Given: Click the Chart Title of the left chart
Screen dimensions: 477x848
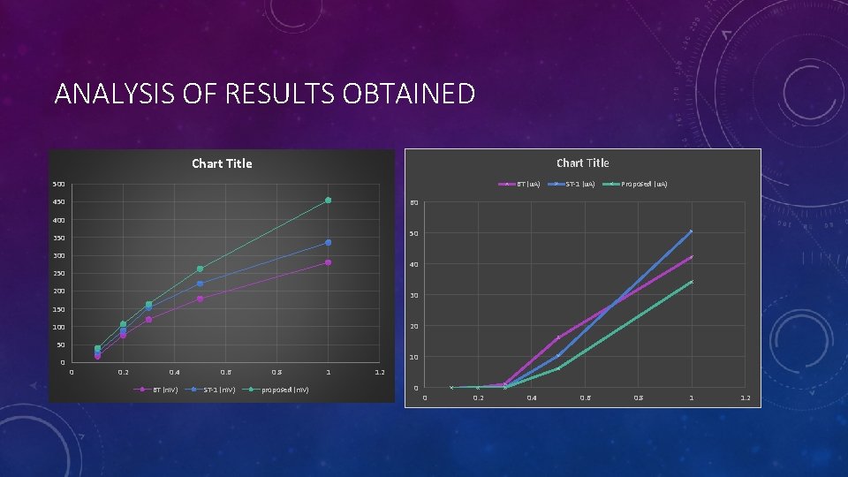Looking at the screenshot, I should point(222,163).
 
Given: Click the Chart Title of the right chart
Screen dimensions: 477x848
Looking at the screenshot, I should point(582,163).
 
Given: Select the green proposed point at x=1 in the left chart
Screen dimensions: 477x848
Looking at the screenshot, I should point(328,201).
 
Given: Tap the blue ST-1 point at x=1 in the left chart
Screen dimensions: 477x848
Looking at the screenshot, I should point(328,242).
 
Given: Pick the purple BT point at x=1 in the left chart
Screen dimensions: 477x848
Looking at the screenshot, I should point(328,262).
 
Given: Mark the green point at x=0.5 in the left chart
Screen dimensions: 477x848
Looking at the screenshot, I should point(201,269).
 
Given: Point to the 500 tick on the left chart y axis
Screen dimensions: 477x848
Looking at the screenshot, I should point(58,185).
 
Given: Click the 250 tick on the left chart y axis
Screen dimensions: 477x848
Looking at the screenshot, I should point(58,274).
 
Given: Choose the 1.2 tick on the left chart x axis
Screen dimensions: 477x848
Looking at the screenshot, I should point(380,372).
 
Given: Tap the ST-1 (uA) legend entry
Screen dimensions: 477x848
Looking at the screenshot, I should point(579,184).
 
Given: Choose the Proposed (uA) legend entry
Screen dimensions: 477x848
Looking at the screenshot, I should point(644,184).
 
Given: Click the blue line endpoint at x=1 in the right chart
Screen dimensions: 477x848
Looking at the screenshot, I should point(692,231).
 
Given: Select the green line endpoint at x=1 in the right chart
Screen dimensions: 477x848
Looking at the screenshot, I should point(692,282).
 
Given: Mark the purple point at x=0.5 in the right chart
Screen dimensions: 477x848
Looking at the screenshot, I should point(558,337).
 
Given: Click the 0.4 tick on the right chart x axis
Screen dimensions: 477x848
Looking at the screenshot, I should point(531,398).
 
